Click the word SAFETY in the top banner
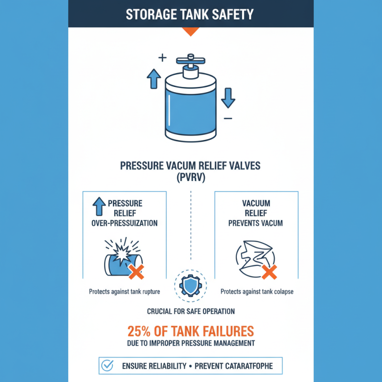point(231,14)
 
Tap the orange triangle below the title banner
point(191,32)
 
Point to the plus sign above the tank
point(162,58)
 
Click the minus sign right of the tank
point(228,117)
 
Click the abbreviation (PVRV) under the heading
point(191,178)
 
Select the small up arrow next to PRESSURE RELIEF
point(99,207)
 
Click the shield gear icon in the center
point(191,286)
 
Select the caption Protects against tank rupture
point(124,292)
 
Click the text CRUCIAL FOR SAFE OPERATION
point(191,311)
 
